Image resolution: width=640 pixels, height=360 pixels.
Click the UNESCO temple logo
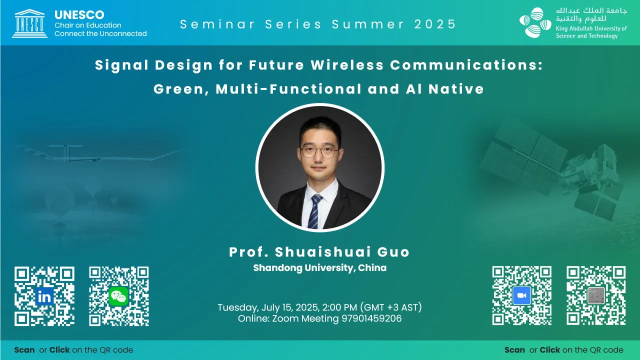(29, 23)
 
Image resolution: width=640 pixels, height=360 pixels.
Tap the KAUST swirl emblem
(535, 23)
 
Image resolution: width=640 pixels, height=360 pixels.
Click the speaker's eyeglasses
(319, 151)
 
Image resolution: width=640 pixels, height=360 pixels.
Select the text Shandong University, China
(320, 268)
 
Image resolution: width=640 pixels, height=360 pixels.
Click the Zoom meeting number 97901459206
(371, 318)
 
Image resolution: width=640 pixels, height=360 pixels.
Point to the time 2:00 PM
(339, 307)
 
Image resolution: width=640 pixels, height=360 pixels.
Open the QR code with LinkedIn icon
(44, 296)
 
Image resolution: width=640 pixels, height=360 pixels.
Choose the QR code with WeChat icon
(119, 296)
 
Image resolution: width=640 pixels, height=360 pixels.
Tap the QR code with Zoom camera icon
(521, 295)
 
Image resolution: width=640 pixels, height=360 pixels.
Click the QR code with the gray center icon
(596, 295)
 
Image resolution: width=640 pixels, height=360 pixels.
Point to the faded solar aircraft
(100, 154)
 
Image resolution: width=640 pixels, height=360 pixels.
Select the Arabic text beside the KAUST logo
(591, 15)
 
